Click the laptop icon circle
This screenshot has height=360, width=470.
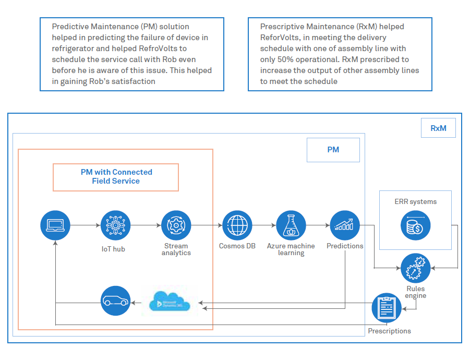[55, 225]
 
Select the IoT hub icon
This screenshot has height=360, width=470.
[115, 225]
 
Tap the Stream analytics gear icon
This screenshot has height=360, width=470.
[176, 225]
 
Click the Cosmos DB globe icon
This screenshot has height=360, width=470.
[237, 225]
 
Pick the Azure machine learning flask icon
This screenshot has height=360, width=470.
[291, 225]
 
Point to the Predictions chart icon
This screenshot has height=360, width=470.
[345, 225]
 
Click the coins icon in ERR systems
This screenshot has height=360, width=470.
[415, 225]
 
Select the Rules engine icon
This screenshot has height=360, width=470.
[415, 269]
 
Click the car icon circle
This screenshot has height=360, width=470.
[115, 301]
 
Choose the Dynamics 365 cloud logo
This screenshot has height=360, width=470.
[170, 302]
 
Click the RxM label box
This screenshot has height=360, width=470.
[438, 128]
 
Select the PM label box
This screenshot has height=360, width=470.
[333, 150]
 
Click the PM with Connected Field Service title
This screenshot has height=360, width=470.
[116, 177]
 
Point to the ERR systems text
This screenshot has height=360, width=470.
[415, 201]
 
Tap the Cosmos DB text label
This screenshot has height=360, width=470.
[237, 246]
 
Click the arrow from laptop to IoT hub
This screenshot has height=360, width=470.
[85, 225]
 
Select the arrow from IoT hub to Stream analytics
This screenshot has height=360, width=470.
[146, 225]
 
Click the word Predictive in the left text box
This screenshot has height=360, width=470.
[69, 27]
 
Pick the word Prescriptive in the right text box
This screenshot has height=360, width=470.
[280, 27]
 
